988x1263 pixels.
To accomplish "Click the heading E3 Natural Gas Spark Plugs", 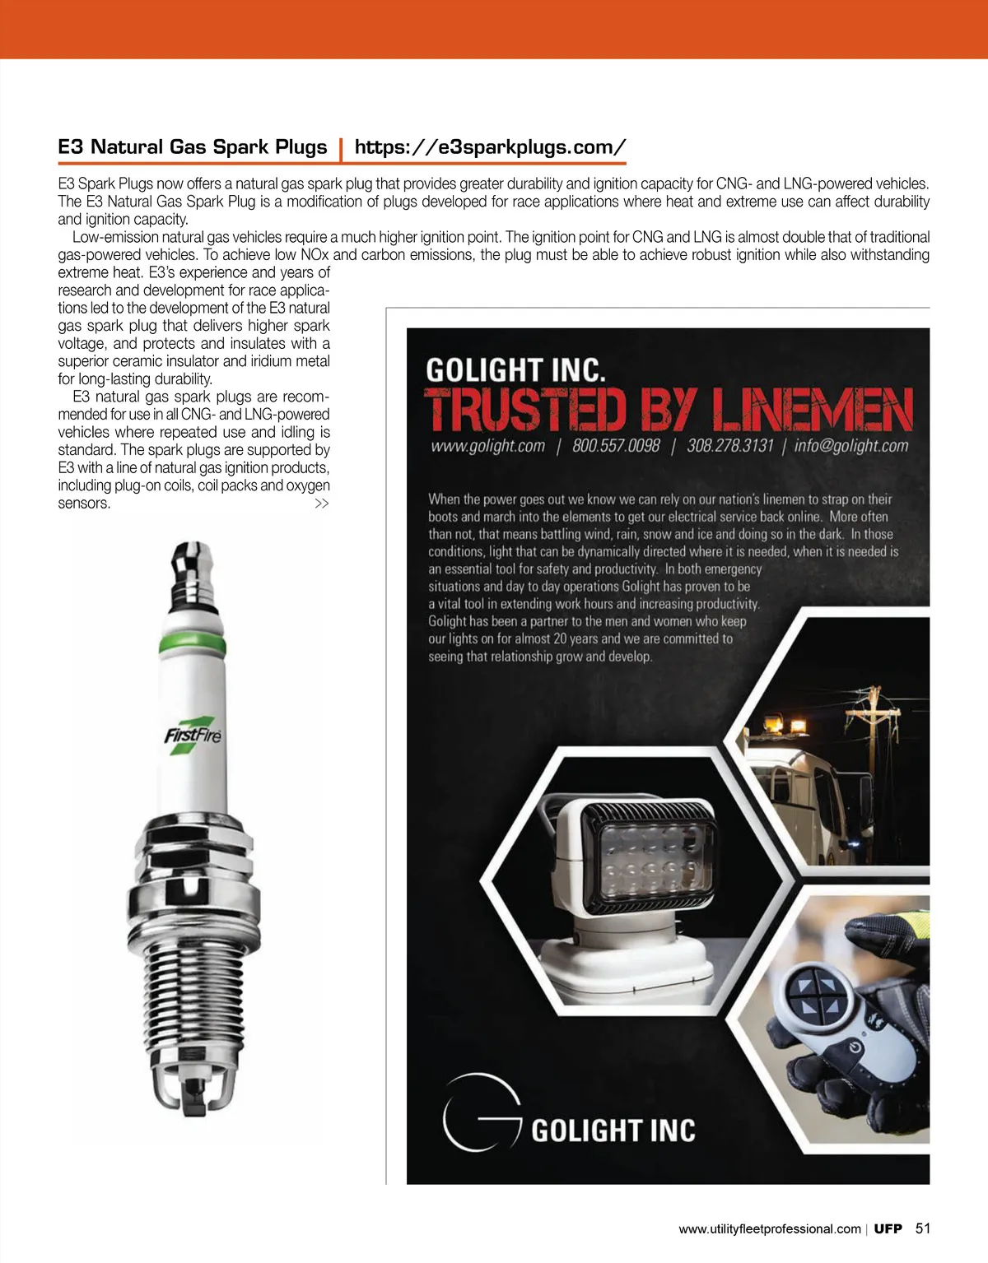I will (x=193, y=147).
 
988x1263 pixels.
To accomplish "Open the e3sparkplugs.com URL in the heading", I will (x=490, y=147).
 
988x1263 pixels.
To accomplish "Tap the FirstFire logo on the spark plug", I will (x=193, y=734).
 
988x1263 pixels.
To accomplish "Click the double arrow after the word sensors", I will (x=322, y=504).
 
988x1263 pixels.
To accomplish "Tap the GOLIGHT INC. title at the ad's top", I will (x=515, y=370).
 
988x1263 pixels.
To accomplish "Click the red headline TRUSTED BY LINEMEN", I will (x=669, y=410).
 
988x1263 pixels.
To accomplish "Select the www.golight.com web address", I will (x=487, y=446).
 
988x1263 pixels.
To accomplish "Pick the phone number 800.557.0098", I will (x=616, y=446).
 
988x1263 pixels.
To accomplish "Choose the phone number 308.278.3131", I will (x=730, y=446).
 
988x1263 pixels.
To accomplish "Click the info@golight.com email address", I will (x=851, y=446).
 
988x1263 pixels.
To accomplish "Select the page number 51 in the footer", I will (x=923, y=1228).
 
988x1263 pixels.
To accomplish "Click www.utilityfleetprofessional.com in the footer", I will (x=769, y=1229).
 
